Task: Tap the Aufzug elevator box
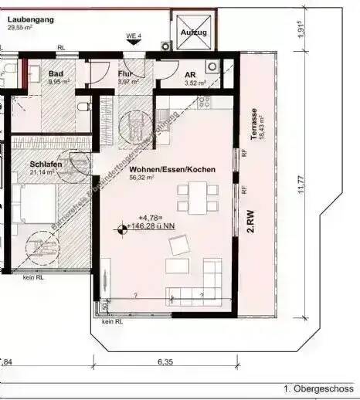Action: tap(194, 32)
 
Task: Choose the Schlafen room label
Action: tap(46, 164)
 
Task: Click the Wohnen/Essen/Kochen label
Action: tap(172, 168)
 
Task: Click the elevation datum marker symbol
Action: tap(121, 228)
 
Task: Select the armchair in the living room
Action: tap(180, 245)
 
